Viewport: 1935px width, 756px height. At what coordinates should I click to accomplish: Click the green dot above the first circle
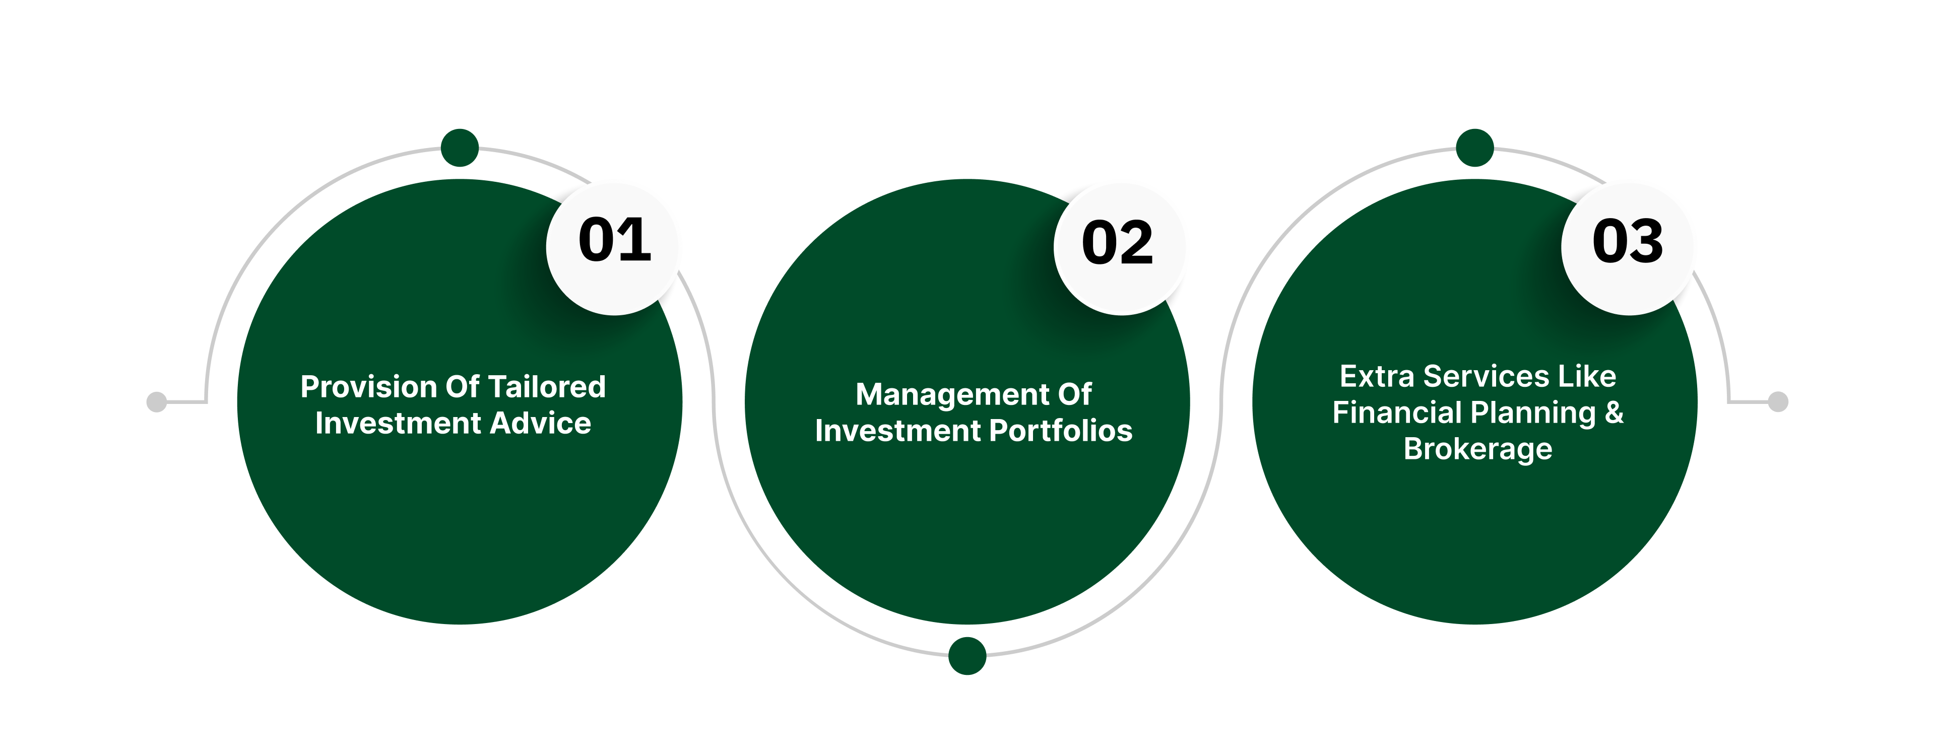pos(460,148)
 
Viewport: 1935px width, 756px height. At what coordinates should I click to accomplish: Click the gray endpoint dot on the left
pos(156,401)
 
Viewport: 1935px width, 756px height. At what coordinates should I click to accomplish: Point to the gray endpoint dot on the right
pos(1778,401)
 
